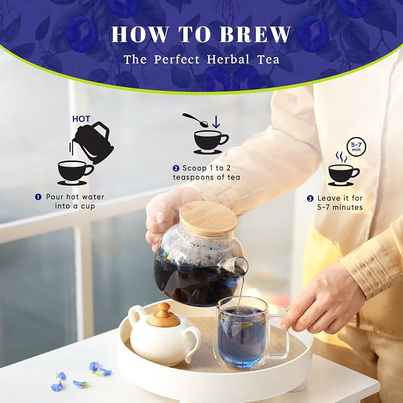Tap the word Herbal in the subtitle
pos(228,59)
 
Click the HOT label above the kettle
pos(81,119)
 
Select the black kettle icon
pos(93,142)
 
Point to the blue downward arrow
pos(216,122)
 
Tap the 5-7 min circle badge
pos(356,147)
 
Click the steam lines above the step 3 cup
pos(341,157)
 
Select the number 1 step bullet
pos(38,197)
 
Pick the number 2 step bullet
pos(176,169)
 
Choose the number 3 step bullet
pos(310,198)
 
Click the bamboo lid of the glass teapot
pos(208,218)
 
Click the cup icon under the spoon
pos(211,142)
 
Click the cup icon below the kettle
pos(75,173)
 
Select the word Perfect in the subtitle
pos(177,59)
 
